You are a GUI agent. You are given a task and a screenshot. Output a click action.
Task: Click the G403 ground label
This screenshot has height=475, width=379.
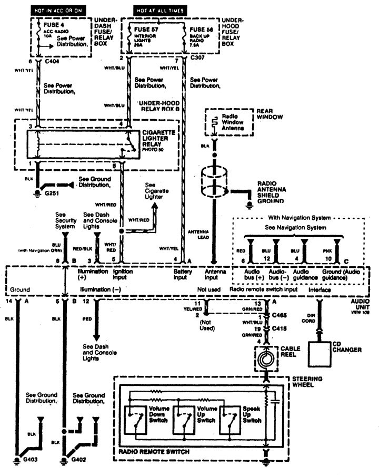(x=29, y=460)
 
